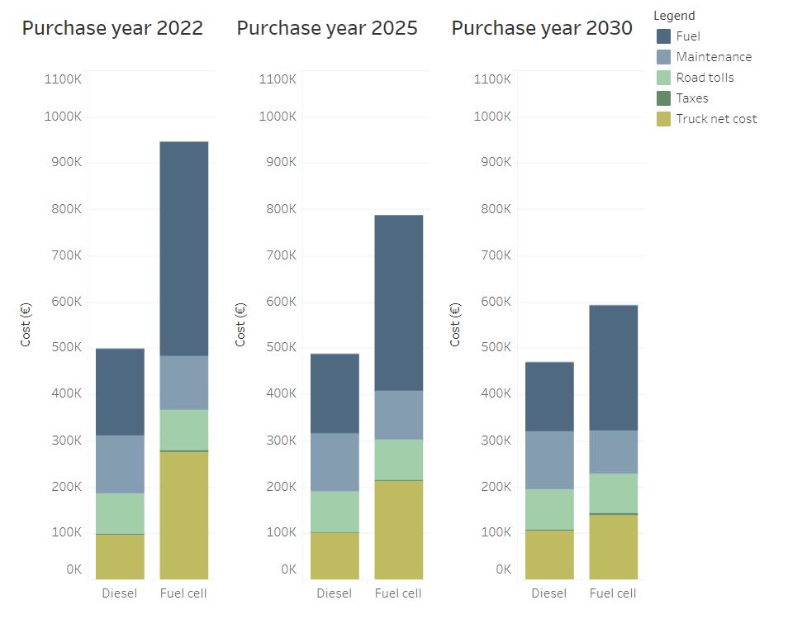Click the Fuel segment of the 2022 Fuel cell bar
pyautogui.click(x=183, y=249)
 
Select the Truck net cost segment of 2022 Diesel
pyautogui.click(x=120, y=556)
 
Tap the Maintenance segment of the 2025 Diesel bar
pyautogui.click(x=335, y=462)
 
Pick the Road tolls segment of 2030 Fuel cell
pyautogui.click(x=613, y=493)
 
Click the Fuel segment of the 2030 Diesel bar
pyautogui.click(x=549, y=397)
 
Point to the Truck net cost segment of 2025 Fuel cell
pyautogui.click(x=398, y=529)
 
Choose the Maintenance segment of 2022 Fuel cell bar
pyautogui.click(x=183, y=383)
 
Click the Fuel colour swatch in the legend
pyautogui.click(x=663, y=36)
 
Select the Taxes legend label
pyautogui.click(x=692, y=98)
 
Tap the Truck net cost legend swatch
pyautogui.click(x=663, y=119)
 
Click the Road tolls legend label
pyautogui.click(x=705, y=78)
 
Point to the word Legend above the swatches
pyautogui.click(x=674, y=16)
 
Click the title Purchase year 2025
pyautogui.click(x=327, y=28)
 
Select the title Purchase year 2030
pyautogui.click(x=542, y=28)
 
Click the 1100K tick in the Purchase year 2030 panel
pyautogui.click(x=492, y=79)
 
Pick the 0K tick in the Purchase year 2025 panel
pyautogui.click(x=288, y=569)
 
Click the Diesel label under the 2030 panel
pyautogui.click(x=549, y=593)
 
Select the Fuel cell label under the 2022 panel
pyautogui.click(x=183, y=593)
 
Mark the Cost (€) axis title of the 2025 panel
pyautogui.click(x=240, y=325)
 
